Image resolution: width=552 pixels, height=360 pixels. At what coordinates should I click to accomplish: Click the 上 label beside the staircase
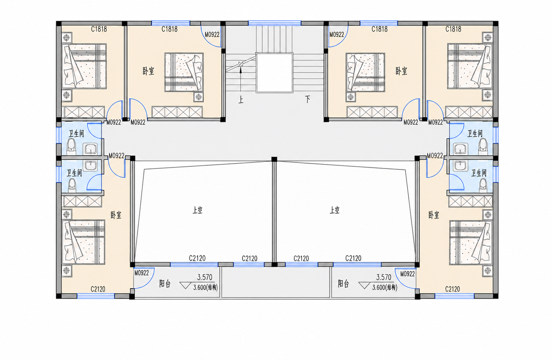(x=241, y=100)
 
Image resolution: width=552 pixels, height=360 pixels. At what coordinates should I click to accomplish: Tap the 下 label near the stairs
(x=307, y=99)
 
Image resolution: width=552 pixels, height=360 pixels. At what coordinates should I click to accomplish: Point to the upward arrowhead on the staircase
(x=241, y=70)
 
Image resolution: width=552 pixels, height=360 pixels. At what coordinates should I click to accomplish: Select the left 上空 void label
(x=197, y=210)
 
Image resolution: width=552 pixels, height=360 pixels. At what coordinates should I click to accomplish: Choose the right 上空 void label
(x=335, y=210)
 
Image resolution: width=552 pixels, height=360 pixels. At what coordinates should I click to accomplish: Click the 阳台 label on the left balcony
(x=165, y=284)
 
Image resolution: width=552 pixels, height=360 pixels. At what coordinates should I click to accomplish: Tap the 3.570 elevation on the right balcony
(x=384, y=278)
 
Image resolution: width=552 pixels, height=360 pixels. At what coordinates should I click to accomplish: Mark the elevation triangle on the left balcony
(x=185, y=286)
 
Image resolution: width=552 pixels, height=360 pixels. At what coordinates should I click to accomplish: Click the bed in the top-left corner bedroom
(x=84, y=66)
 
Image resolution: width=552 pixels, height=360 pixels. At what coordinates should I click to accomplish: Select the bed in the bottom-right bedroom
(x=471, y=243)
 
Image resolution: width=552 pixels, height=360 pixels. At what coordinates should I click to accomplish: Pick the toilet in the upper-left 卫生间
(x=71, y=147)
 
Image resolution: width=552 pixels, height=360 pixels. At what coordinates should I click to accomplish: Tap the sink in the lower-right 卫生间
(x=460, y=166)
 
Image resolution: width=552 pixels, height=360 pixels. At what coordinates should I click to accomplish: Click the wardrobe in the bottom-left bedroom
(x=82, y=202)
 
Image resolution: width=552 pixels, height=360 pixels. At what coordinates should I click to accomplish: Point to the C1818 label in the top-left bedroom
(x=99, y=29)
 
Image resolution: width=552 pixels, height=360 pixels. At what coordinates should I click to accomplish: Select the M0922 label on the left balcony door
(x=142, y=273)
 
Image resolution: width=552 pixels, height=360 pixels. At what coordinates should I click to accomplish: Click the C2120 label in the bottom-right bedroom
(x=452, y=289)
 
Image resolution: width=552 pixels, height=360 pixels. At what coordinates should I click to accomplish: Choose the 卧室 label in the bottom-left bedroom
(x=116, y=215)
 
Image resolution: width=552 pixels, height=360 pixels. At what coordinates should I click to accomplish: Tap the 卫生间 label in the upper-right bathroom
(x=475, y=134)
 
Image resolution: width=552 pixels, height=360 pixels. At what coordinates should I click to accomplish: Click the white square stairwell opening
(x=274, y=73)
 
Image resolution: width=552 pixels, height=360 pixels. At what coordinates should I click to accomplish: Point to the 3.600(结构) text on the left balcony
(x=205, y=288)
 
